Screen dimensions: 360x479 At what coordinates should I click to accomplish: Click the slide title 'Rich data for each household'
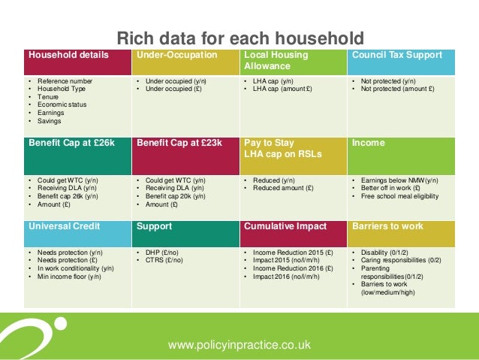click(239, 38)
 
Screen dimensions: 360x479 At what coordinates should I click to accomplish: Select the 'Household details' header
click(68, 55)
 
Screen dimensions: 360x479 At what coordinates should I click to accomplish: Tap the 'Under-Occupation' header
click(176, 55)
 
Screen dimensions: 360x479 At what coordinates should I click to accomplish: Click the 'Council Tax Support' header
click(396, 55)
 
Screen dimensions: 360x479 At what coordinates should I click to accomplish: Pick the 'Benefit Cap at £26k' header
click(72, 143)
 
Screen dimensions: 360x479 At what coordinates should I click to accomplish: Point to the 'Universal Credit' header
click(63, 225)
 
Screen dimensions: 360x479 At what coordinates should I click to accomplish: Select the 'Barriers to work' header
click(387, 225)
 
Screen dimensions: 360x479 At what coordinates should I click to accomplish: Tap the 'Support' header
click(155, 225)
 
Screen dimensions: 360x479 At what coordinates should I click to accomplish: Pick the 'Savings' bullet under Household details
click(50, 121)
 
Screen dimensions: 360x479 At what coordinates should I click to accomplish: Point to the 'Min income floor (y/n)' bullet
click(70, 277)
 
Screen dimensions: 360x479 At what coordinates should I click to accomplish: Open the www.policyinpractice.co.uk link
click(239, 345)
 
